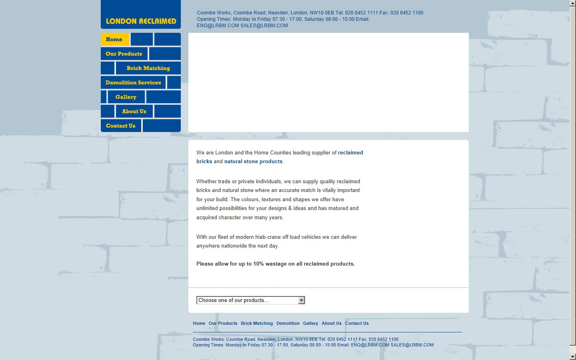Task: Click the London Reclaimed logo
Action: [141, 21]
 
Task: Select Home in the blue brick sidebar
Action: [114, 39]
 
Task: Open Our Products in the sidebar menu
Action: [124, 54]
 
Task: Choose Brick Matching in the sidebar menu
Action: [148, 68]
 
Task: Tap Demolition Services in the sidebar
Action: [133, 82]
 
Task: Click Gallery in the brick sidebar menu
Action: [126, 97]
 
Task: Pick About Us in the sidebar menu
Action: [134, 111]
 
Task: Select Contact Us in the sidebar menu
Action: [121, 126]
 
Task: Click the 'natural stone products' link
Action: [253, 162]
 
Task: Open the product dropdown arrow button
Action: [302, 300]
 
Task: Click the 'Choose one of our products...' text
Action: [233, 300]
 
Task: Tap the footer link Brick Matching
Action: [257, 323]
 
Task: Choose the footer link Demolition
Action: [288, 323]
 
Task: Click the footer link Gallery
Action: [310, 323]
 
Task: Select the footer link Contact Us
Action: [357, 323]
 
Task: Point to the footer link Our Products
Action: [223, 323]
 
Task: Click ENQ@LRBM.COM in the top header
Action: [218, 26]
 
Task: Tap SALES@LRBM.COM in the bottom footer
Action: [412, 345]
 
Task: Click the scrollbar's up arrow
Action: [573, 3]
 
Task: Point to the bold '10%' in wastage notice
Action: [258, 264]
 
